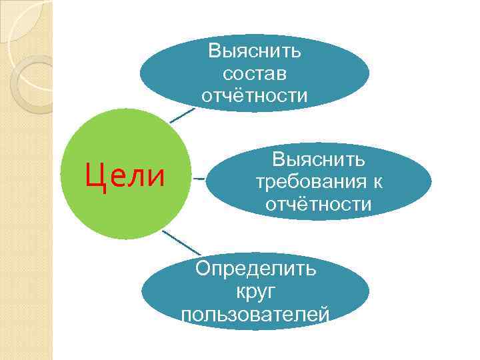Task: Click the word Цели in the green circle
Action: (125, 176)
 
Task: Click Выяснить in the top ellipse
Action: (255, 51)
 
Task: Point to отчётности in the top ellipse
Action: (255, 96)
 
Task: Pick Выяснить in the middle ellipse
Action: (319, 159)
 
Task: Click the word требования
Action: (310, 181)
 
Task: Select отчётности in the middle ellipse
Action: (319, 204)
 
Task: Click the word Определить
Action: (255, 269)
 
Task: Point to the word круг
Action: (255, 291)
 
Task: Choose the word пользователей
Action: (255, 313)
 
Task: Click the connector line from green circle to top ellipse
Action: (181, 115)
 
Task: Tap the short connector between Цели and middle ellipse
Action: (199, 179)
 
